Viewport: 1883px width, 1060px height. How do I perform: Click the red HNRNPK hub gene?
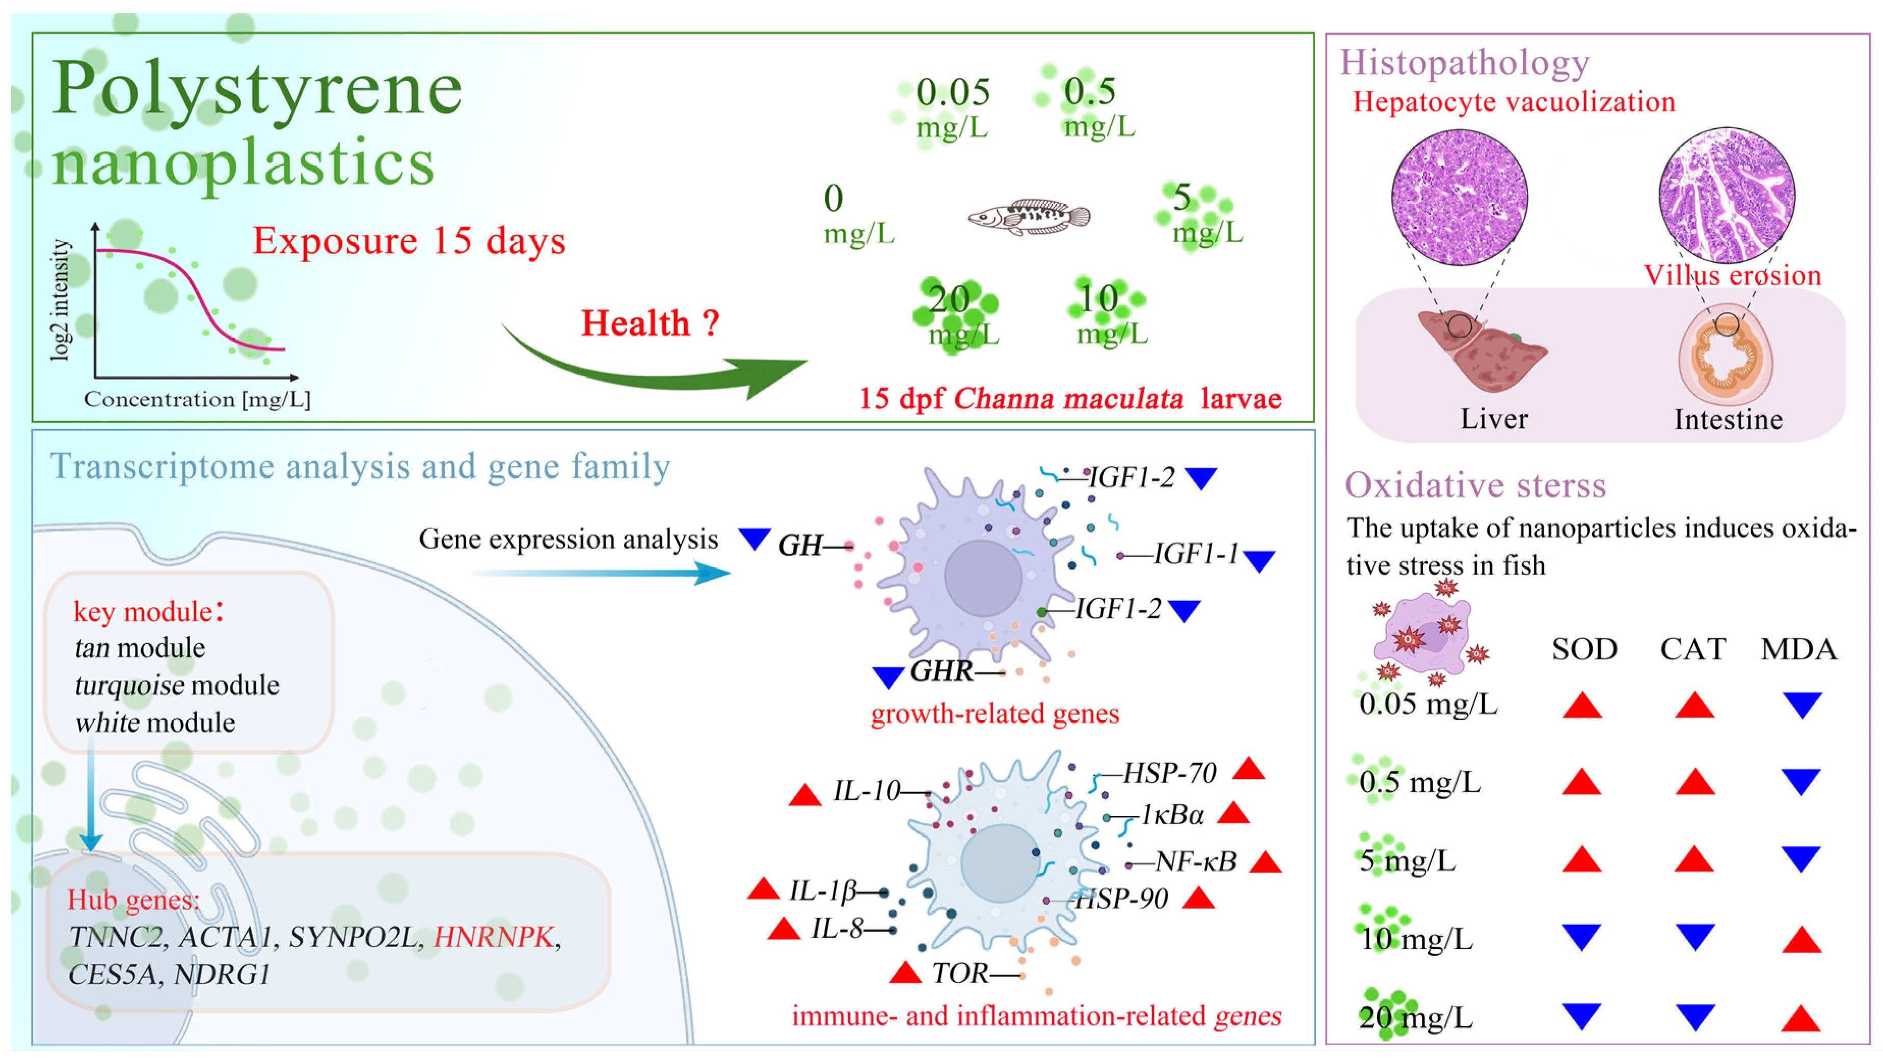(x=494, y=936)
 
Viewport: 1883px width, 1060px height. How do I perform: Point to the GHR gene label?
(x=942, y=670)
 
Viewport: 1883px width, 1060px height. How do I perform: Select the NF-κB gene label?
(x=1196, y=862)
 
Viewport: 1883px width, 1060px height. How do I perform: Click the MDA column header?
(x=1798, y=649)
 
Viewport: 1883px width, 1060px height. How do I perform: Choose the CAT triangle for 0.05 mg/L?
(x=1694, y=705)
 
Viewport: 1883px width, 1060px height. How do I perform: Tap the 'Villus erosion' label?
(x=1732, y=276)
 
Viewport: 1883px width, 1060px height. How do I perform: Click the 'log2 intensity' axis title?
(x=61, y=300)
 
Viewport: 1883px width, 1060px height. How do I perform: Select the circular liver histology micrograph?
(x=1459, y=197)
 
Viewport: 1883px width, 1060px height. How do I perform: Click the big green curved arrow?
(x=658, y=369)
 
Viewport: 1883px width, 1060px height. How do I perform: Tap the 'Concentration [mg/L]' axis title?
(x=197, y=399)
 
